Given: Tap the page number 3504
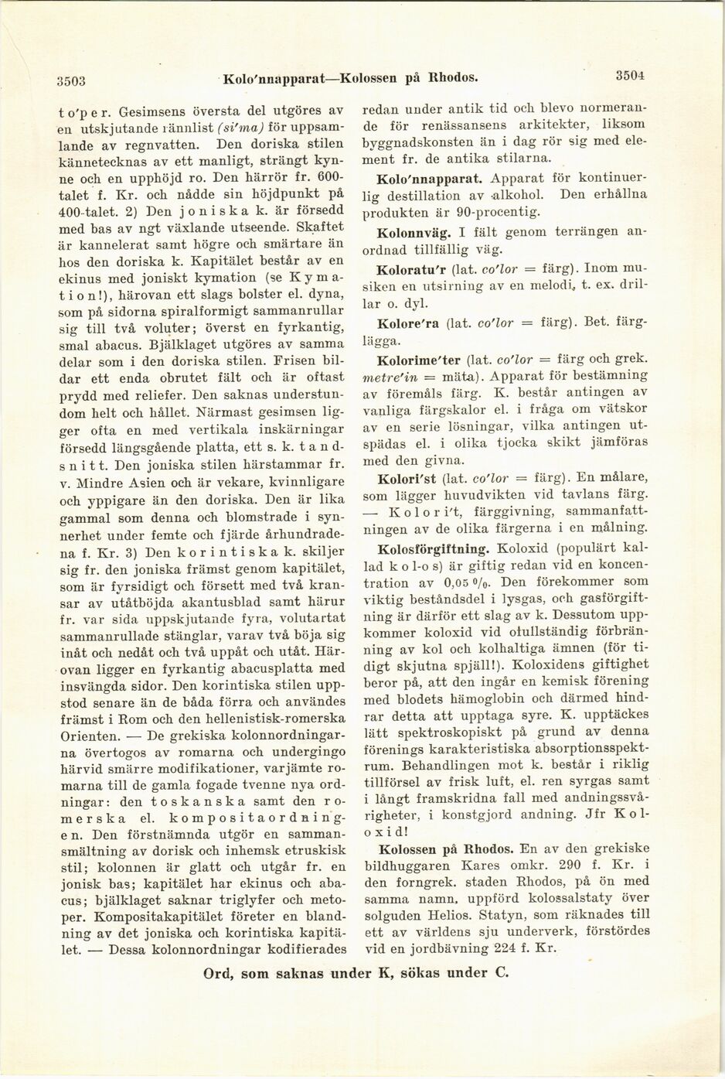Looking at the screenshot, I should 631,76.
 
